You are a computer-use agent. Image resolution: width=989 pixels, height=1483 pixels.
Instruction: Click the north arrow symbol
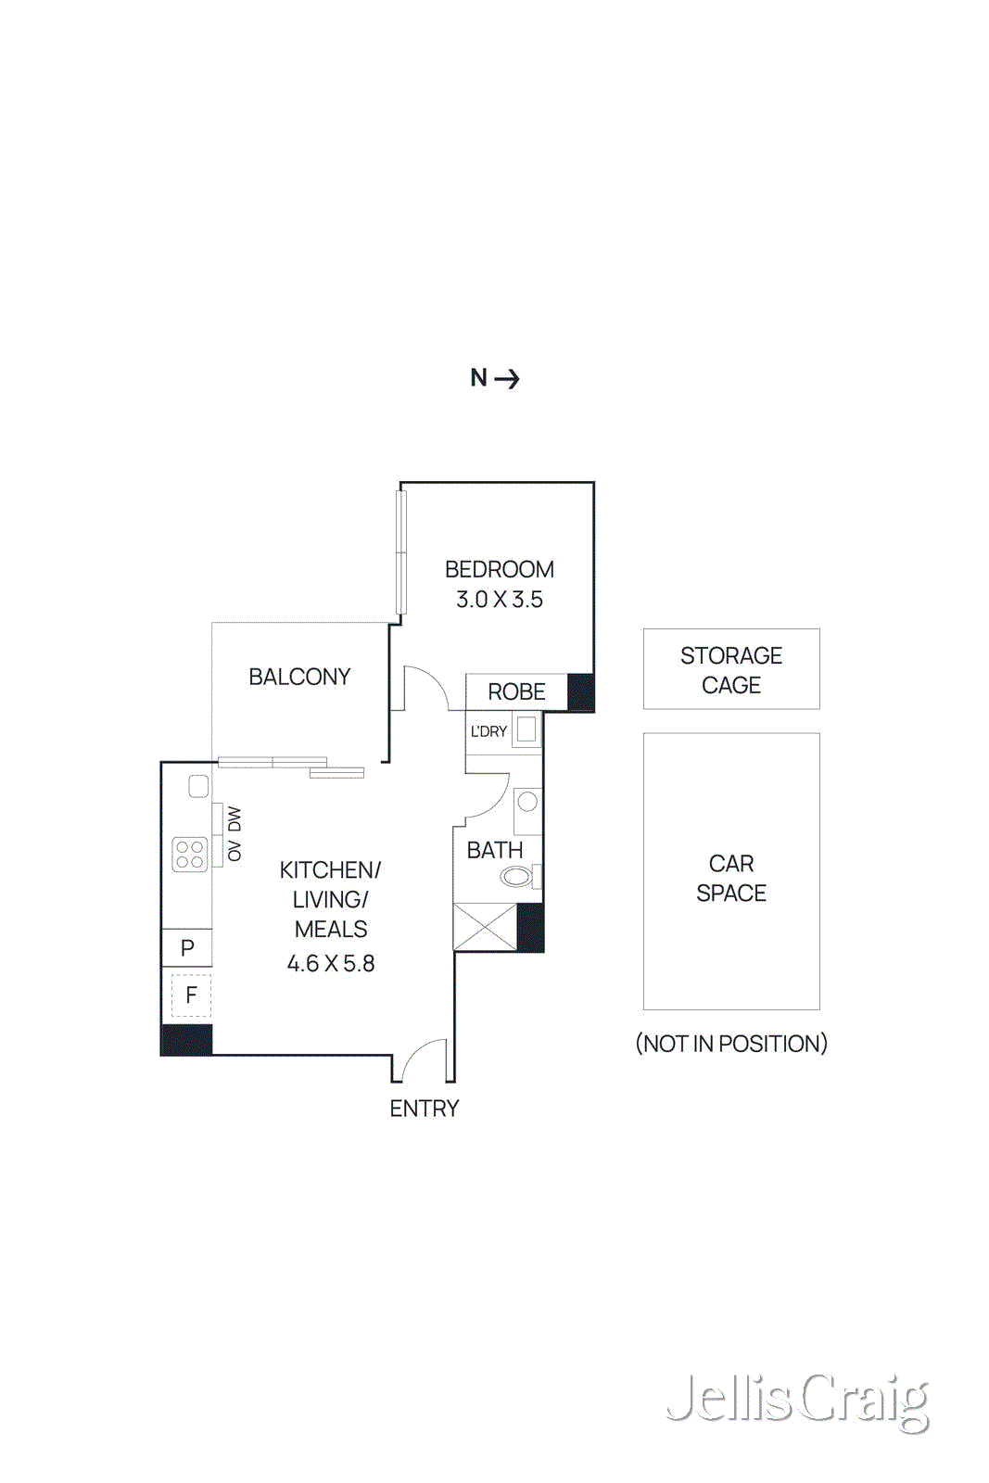coord(506,378)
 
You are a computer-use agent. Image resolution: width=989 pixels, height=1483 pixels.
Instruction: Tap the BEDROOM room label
coord(499,569)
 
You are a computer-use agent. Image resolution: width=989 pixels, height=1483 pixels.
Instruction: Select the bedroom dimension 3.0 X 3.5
coord(499,600)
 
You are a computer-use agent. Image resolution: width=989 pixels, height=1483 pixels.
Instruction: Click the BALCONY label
coord(299,677)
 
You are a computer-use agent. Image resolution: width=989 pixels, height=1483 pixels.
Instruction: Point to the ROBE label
coord(516,691)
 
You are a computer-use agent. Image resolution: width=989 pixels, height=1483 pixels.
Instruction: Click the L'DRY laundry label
coord(488,731)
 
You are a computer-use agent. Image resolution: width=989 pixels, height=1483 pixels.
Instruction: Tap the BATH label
coord(495,850)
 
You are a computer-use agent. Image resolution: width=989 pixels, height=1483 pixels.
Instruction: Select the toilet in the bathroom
coord(518,875)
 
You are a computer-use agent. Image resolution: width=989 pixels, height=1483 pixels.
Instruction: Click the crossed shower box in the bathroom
coord(485,927)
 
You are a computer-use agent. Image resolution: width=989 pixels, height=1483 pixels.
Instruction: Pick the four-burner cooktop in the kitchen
coord(190,854)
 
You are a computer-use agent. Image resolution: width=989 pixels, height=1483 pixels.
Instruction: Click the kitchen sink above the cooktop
coord(198,786)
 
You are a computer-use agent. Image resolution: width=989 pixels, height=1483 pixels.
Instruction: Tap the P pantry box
coord(187,947)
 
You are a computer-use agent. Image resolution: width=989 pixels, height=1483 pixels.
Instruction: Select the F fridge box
coord(191,995)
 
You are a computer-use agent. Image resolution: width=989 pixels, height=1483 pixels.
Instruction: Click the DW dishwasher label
coord(235,819)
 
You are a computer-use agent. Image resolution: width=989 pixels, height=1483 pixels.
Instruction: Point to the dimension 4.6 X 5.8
coord(331,964)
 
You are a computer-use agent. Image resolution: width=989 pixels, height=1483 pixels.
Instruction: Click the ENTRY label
coord(424,1109)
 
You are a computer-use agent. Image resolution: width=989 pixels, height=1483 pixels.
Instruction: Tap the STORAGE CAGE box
coord(731,669)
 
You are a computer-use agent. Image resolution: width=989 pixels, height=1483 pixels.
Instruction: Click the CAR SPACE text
coord(731,878)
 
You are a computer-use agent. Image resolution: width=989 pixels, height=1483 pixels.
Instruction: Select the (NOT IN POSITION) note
coord(731,1044)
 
